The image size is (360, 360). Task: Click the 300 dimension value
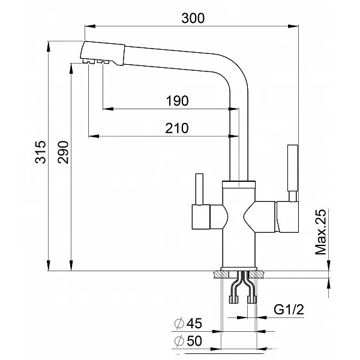point(193,18)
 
